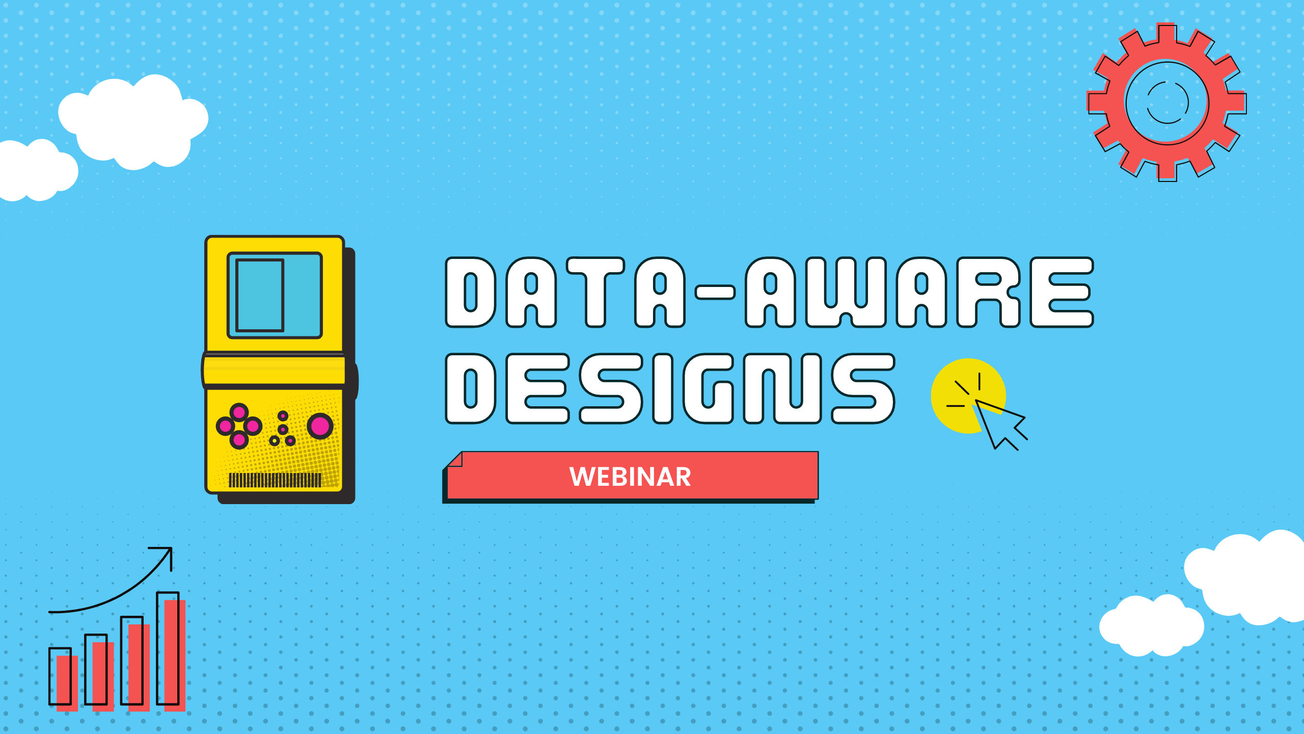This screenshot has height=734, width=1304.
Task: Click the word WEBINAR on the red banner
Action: (x=630, y=477)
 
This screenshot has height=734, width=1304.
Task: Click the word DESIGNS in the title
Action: (x=670, y=389)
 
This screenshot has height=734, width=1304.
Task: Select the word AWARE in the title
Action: (x=919, y=292)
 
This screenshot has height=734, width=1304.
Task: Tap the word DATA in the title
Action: (x=565, y=292)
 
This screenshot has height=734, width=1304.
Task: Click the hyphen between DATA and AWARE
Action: (x=715, y=292)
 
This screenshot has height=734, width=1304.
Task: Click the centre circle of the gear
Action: (x=1167, y=102)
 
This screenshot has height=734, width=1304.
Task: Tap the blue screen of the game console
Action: (x=275, y=295)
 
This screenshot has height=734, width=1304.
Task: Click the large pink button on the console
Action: (x=320, y=426)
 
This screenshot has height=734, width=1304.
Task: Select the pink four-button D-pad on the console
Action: (x=239, y=426)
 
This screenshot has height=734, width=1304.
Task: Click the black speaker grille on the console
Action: (x=275, y=480)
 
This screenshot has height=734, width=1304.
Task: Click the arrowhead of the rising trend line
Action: (x=166, y=554)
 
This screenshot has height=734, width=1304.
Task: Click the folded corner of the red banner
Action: (x=454, y=460)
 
